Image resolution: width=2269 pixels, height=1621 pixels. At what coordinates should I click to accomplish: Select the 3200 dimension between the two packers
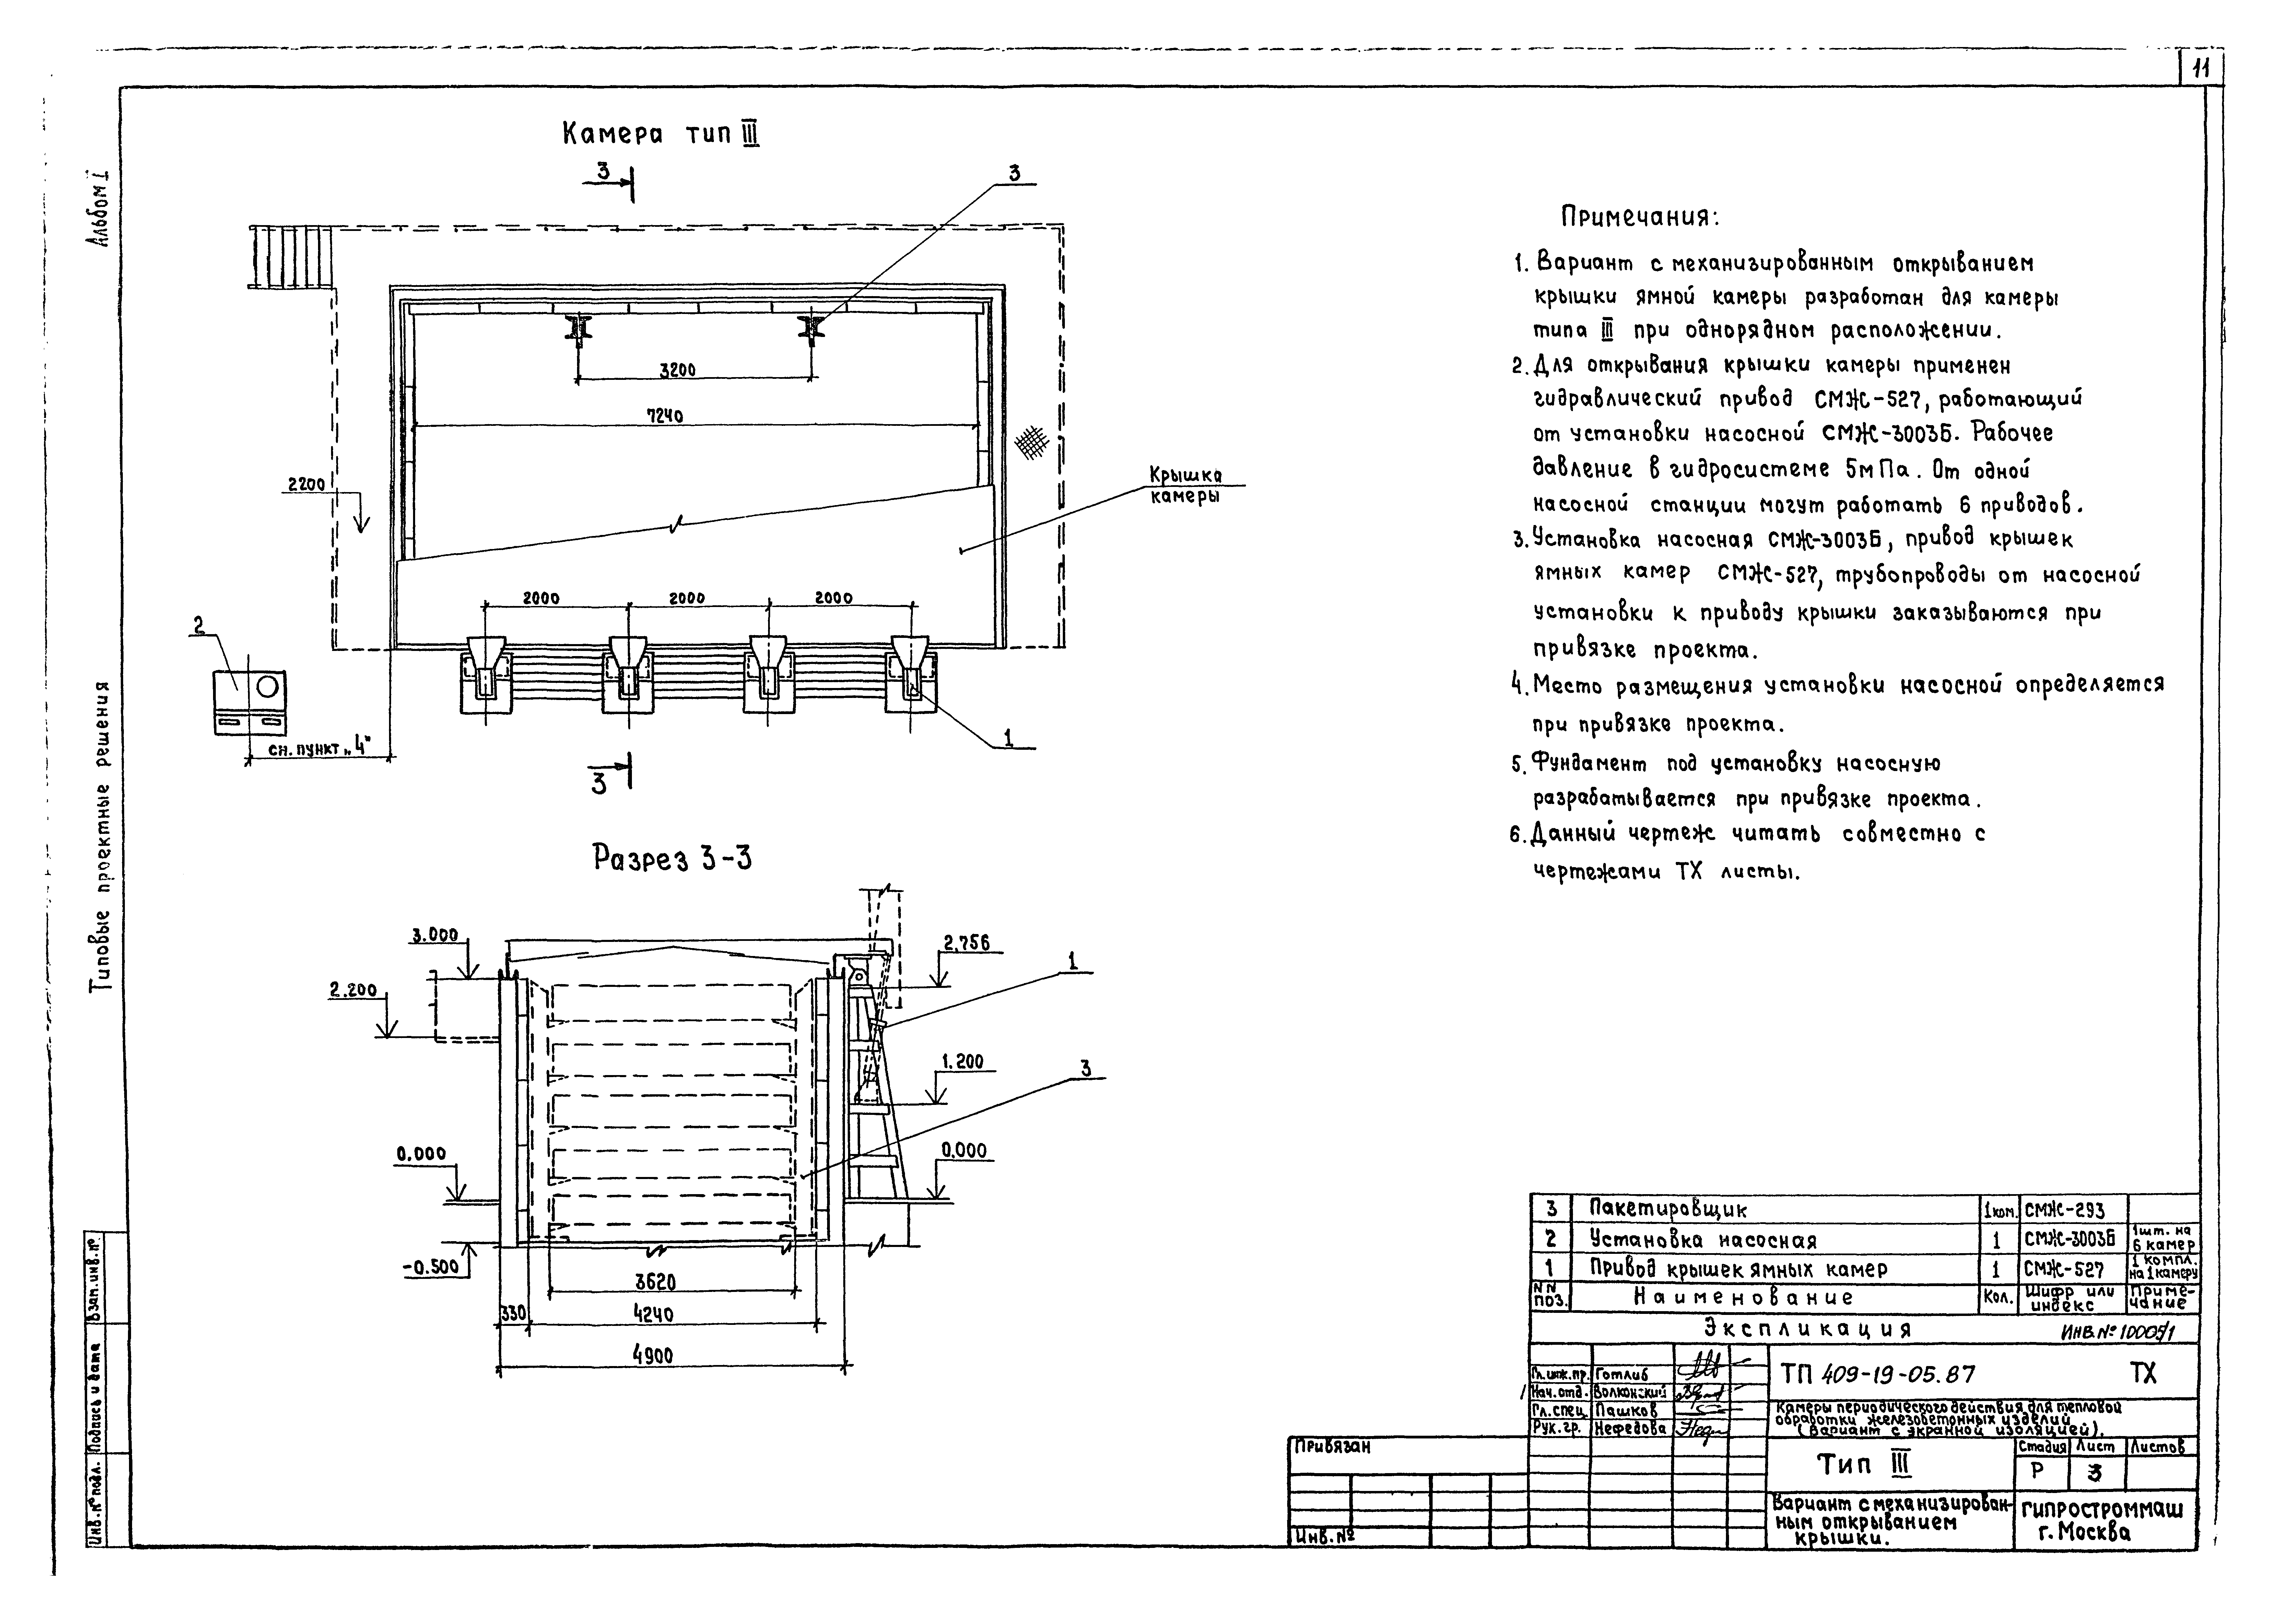(x=678, y=370)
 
